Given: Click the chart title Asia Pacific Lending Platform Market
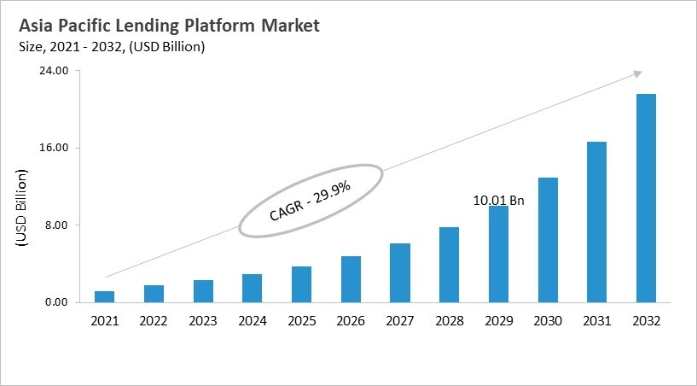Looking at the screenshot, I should tap(169, 26).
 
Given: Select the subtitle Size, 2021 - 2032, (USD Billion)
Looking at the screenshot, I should tap(112, 48).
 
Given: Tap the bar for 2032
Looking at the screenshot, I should tap(646, 197).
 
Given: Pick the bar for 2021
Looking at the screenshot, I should tap(105, 296).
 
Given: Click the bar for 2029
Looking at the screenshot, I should tap(498, 254).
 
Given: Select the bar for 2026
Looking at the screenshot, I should tap(351, 278).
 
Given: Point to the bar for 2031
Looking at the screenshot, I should tap(596, 221).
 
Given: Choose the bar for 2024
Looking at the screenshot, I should tap(253, 288).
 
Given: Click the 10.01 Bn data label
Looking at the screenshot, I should tap(498, 200).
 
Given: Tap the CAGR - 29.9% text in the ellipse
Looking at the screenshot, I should tap(310, 201).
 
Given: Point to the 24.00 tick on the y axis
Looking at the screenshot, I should tap(55, 71).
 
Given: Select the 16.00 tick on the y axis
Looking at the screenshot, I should tap(55, 148).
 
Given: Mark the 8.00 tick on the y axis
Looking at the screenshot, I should tap(58, 225).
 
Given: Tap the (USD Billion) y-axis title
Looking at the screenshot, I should tap(22, 208).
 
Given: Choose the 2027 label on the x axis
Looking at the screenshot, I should tap(400, 321).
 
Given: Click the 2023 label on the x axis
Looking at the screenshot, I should tap(203, 321).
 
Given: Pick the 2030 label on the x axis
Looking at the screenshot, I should tap(548, 321).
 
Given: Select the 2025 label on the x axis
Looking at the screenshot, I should tap(301, 321).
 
